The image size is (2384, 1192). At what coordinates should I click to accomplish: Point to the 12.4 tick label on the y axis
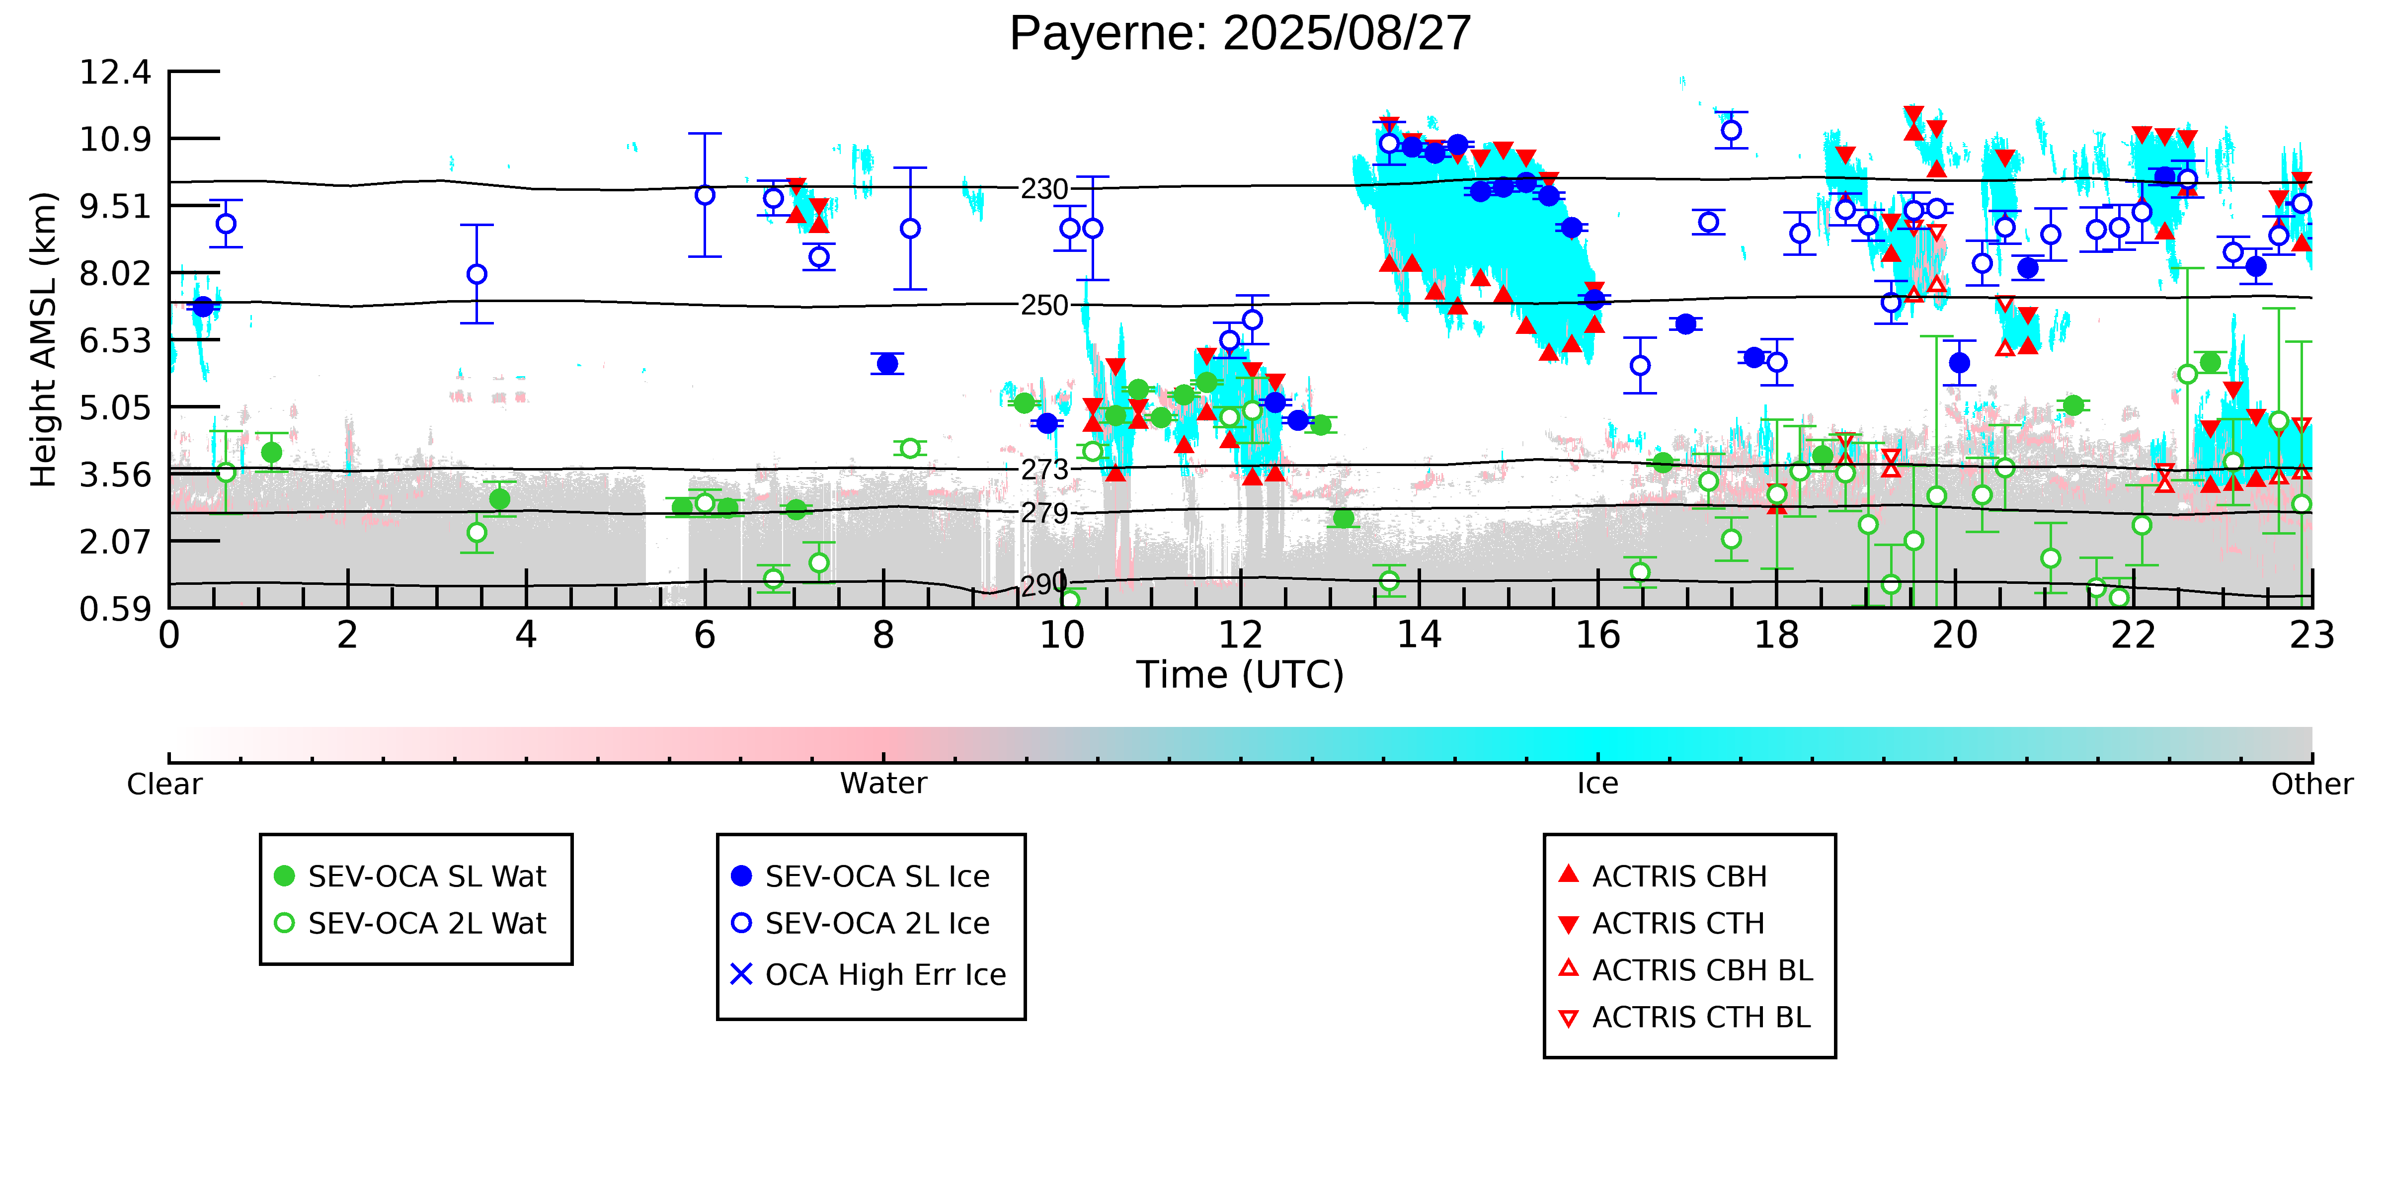tap(115, 72)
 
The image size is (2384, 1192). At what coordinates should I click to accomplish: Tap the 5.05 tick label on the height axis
tap(115, 407)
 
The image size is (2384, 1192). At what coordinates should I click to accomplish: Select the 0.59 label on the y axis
tap(115, 609)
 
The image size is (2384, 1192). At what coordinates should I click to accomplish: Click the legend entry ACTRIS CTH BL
tap(1701, 1017)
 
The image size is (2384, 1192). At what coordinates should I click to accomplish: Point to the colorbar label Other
tap(2311, 784)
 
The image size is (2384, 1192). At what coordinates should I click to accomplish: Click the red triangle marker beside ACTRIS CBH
tap(1568, 874)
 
